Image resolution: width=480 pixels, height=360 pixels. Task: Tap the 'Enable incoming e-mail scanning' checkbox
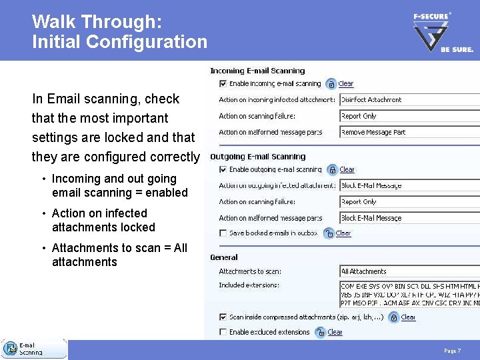pos(223,84)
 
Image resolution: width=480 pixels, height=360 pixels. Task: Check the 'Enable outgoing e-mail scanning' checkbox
pos(223,170)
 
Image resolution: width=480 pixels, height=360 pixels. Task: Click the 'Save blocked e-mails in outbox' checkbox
pos(223,233)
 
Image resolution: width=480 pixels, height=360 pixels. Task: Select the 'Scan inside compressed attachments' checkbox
pos(223,317)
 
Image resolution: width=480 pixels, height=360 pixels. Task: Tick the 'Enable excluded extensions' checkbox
pos(223,332)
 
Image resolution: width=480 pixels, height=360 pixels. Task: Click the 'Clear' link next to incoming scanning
pos(346,84)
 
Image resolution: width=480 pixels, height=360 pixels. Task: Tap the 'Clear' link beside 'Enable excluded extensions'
pos(335,332)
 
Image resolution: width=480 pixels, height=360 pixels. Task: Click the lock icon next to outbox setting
pos(328,233)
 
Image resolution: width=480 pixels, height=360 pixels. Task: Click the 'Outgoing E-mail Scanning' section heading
pos(257,157)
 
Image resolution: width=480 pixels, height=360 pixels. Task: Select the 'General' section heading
pos(224,257)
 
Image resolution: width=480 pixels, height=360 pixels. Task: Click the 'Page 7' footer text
pos(452,351)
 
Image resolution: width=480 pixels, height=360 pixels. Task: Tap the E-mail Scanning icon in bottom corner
pos(11,349)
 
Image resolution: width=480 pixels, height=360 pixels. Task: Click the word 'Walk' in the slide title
pos(54,22)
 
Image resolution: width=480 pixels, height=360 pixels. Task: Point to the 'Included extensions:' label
pos(249,285)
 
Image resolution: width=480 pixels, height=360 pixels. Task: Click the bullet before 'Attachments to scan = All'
pos(43,249)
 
